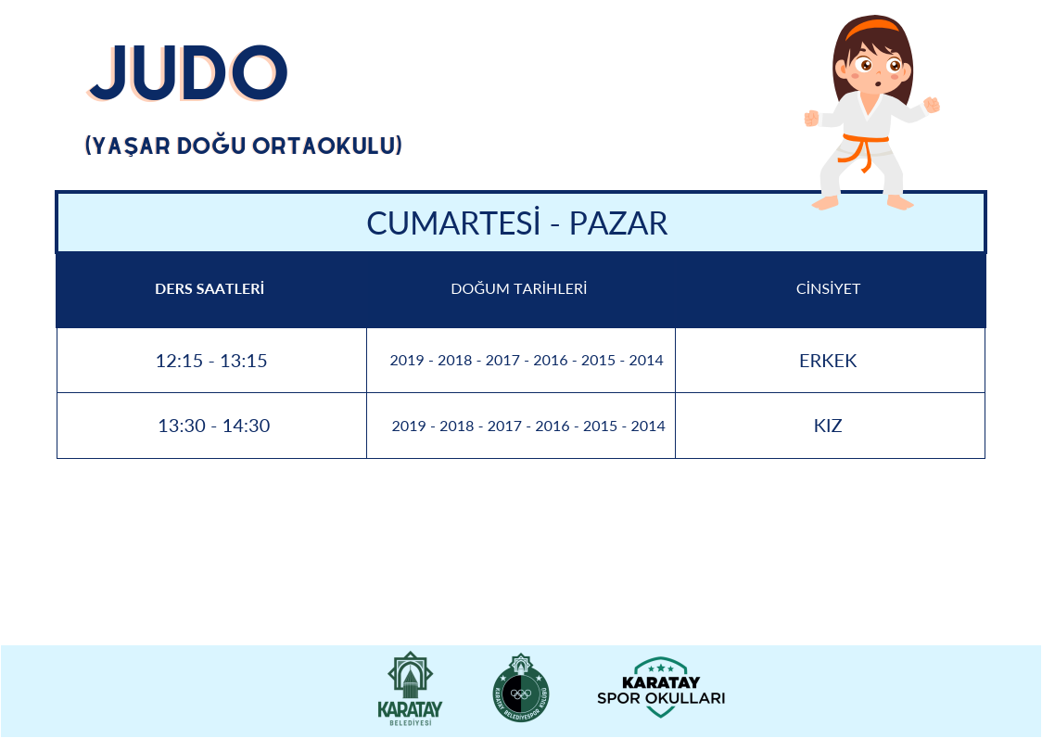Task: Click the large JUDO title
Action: (187, 72)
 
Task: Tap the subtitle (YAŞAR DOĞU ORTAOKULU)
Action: (244, 146)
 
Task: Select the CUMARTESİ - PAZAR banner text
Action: (517, 223)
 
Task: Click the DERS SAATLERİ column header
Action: (210, 288)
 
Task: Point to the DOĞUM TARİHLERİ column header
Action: (518, 288)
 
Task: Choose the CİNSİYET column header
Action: (828, 288)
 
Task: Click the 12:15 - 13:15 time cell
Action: (211, 361)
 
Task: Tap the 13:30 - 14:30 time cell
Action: (213, 426)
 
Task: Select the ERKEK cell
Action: (828, 361)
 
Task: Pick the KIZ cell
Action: (828, 426)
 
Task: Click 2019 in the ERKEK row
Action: (406, 361)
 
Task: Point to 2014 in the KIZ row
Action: (648, 426)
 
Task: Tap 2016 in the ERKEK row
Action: (551, 361)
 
